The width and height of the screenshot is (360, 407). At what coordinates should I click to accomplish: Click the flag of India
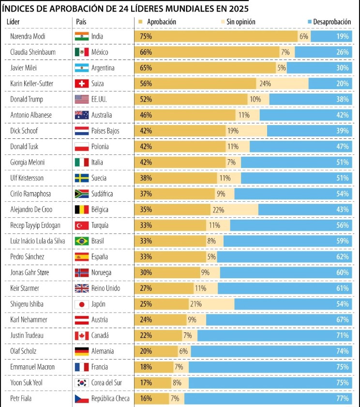82,36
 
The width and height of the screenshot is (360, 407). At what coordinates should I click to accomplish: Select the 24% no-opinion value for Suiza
265,84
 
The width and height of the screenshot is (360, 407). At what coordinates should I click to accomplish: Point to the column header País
81,22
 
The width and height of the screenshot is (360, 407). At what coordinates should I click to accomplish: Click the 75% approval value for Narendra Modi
146,36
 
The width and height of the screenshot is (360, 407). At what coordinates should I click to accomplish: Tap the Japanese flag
82,304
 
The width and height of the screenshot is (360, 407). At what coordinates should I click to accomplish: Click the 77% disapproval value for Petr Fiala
343,399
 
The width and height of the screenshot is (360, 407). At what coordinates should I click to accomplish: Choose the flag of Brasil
82,241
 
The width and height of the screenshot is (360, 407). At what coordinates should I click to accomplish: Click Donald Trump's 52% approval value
146,99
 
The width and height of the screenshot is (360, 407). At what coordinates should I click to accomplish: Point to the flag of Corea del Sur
82,383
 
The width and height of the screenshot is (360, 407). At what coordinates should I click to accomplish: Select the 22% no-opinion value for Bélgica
219,210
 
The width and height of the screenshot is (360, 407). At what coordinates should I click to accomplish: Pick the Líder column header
13,22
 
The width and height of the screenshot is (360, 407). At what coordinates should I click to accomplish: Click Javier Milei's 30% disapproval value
343,68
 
